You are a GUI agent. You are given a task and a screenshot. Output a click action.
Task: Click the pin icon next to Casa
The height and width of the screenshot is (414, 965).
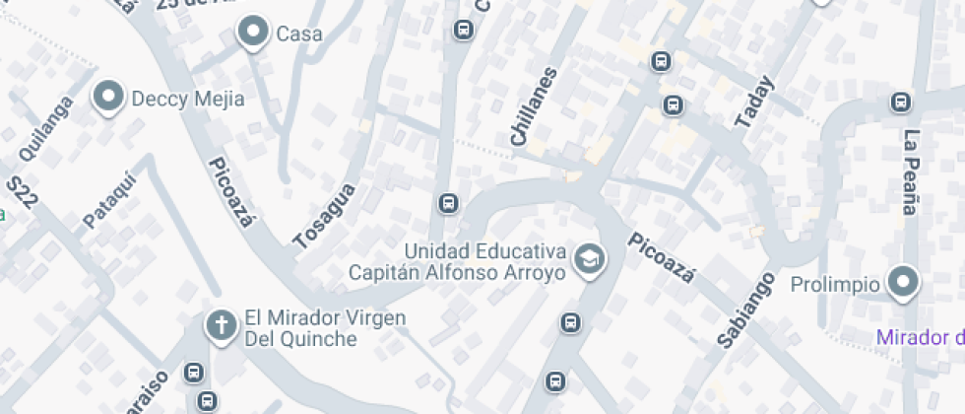pos(254,33)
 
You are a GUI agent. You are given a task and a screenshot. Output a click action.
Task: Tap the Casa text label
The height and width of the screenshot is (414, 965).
pos(299,34)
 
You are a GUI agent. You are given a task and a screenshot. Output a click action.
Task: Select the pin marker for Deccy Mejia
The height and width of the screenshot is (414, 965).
pos(108,98)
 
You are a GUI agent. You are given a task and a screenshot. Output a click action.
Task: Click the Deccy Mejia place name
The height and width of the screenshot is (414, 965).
pos(187,99)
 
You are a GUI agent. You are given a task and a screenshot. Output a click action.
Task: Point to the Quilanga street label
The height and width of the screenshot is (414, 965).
pos(46,128)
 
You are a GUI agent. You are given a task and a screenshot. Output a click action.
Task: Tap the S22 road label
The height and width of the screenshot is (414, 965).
pos(22,191)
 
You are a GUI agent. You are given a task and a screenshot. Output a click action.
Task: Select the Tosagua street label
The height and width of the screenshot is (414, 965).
pos(324,215)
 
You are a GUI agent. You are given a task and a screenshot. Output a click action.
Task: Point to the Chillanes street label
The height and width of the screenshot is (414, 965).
pos(533,107)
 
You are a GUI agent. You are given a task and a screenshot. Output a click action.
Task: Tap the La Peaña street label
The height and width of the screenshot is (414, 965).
pos(911,172)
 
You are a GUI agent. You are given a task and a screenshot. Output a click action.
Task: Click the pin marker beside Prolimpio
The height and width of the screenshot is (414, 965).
pos(902,284)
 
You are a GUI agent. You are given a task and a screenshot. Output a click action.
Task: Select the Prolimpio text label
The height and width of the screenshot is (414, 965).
pos(835,285)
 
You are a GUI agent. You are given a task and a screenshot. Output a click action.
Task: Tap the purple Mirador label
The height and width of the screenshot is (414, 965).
pos(920,338)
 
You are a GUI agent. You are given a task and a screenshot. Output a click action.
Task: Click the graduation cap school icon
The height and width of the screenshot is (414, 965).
pos(590,260)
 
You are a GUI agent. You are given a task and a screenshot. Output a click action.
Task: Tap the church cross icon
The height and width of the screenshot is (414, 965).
pos(222,325)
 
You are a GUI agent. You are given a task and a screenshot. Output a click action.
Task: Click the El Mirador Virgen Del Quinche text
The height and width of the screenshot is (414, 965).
pos(325,327)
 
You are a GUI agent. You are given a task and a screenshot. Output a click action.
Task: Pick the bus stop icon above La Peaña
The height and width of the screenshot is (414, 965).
pos(900,102)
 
